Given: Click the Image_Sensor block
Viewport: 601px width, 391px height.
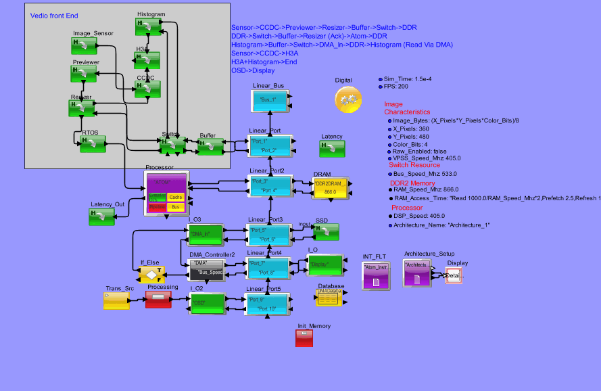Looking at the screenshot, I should (x=84, y=45).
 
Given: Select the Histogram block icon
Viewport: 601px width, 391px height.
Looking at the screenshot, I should (x=147, y=26).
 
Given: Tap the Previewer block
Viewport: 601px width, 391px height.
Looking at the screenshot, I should (x=85, y=74).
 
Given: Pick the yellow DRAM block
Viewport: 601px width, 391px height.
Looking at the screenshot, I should (x=330, y=187).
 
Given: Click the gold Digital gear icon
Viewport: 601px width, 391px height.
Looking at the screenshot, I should (x=348, y=99).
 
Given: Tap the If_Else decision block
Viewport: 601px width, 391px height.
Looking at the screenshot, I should (x=151, y=275).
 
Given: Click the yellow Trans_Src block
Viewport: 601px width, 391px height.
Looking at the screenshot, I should (x=116, y=300).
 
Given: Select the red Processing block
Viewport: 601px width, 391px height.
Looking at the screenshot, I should (x=160, y=300).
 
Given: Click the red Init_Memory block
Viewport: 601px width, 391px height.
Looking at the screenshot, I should (x=304, y=338).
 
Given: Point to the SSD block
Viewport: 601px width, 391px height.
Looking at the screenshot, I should (x=327, y=232).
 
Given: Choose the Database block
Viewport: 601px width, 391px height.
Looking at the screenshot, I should (x=331, y=296).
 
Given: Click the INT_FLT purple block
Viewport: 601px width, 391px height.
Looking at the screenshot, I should (x=376, y=276).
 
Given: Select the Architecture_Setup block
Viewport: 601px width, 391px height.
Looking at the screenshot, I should (x=416, y=273).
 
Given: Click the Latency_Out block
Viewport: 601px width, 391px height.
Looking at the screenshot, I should (x=101, y=216).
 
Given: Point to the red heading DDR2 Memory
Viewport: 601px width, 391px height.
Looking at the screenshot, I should (x=412, y=183).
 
